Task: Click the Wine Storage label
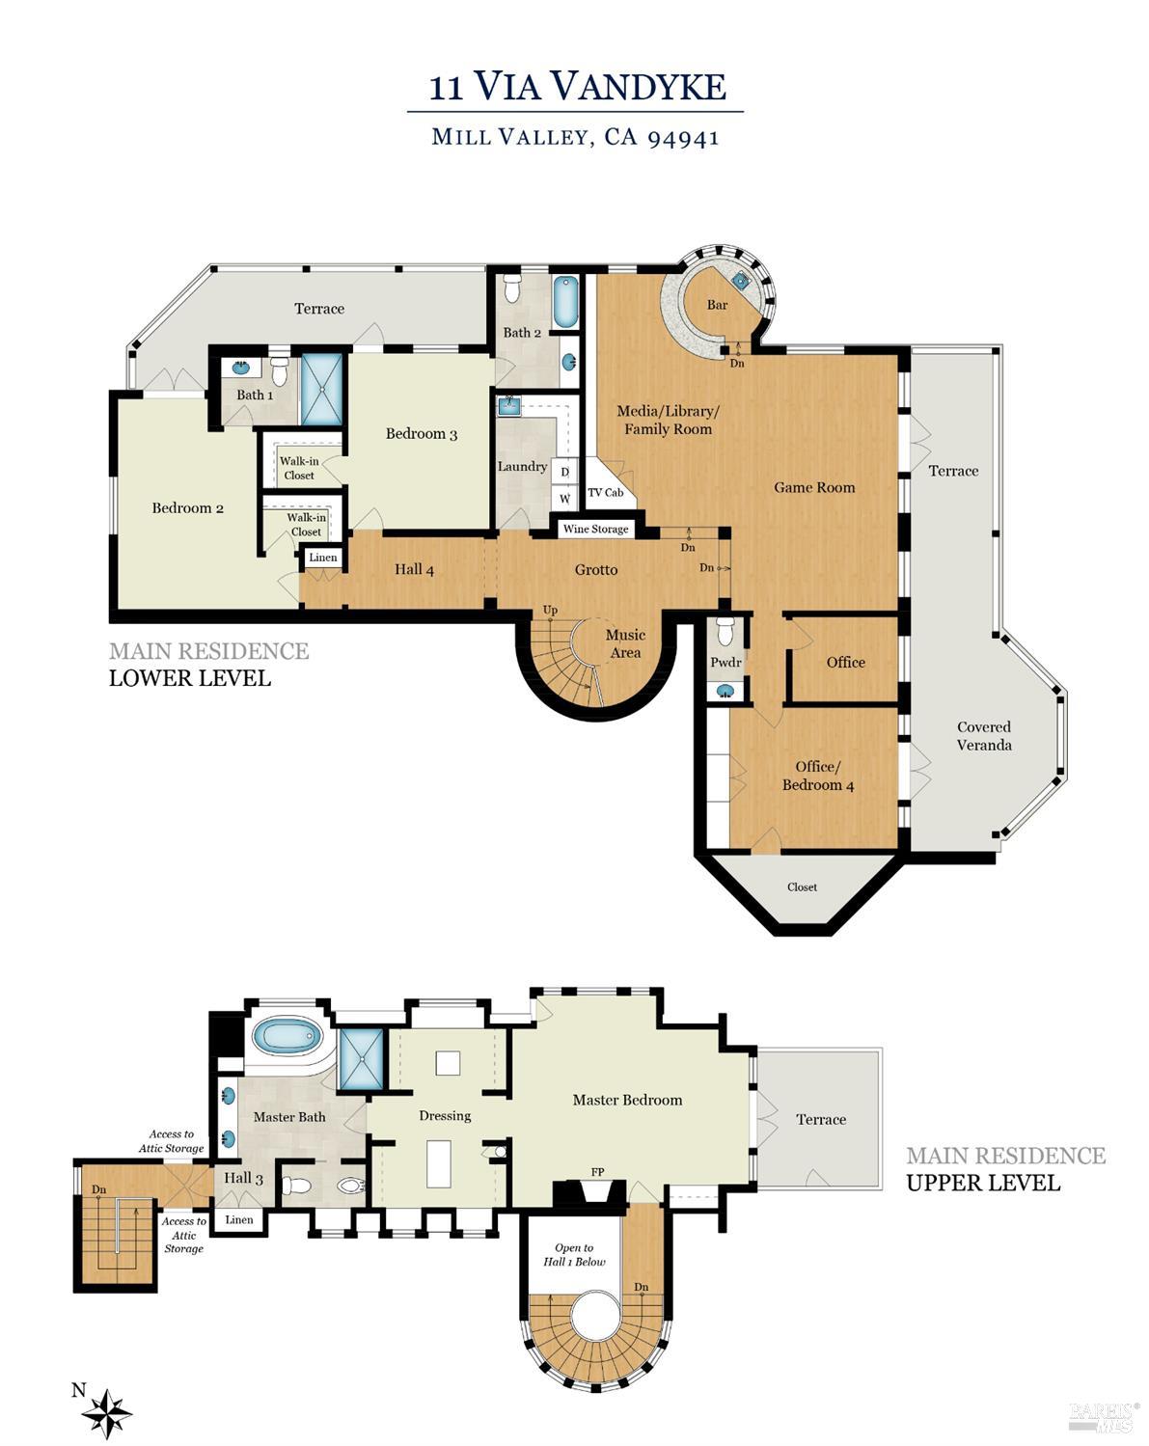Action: (x=595, y=529)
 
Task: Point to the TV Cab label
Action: (x=606, y=493)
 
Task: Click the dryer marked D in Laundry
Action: (x=564, y=472)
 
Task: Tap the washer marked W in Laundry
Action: (x=564, y=499)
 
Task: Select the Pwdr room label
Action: (x=725, y=662)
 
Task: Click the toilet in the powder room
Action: (x=725, y=631)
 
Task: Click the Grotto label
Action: (x=596, y=570)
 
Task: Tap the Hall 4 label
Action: (x=414, y=570)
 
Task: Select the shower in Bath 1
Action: (x=322, y=389)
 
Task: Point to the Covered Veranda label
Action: (x=984, y=736)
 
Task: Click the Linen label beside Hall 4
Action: (x=323, y=557)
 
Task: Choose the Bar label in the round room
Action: (x=717, y=305)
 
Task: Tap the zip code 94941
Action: (x=683, y=138)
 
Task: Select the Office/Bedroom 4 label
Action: (x=818, y=776)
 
